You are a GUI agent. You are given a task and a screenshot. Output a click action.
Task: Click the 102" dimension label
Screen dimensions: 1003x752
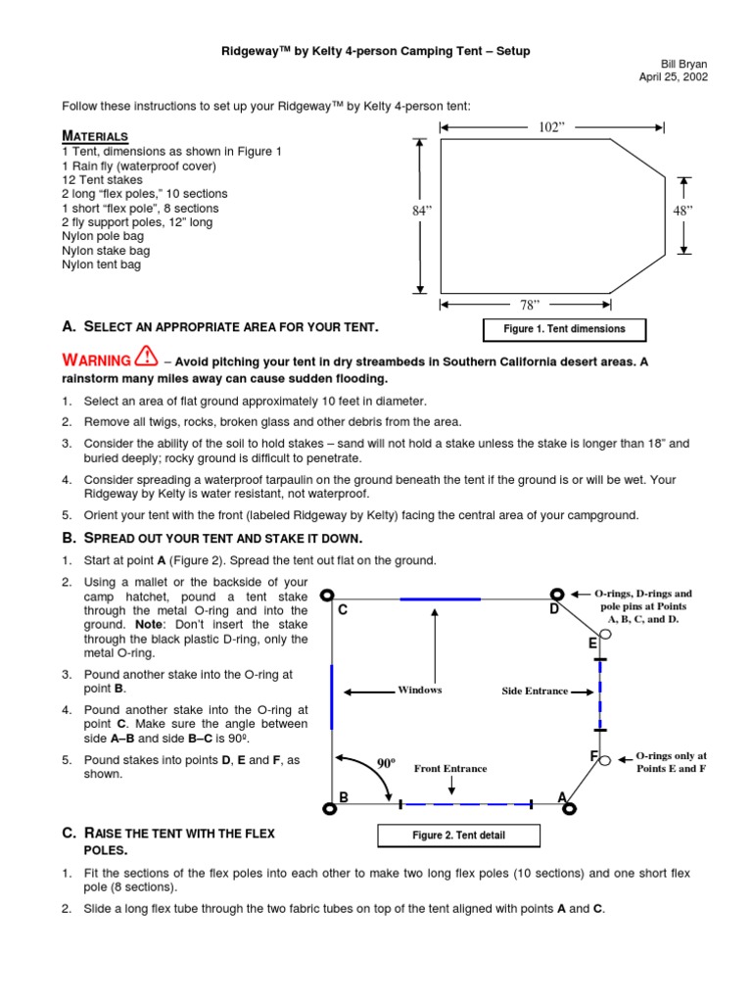553,126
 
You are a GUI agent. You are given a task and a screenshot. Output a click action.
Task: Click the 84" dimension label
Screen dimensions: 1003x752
422,210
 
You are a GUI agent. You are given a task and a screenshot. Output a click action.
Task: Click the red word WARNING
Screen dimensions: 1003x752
97,360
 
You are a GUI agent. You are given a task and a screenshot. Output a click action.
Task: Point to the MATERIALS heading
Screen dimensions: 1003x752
95,135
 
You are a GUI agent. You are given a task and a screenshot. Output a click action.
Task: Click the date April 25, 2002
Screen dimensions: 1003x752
674,76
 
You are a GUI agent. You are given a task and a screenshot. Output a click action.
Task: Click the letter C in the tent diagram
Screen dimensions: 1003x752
343,611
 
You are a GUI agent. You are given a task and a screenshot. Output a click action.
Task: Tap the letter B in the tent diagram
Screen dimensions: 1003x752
344,798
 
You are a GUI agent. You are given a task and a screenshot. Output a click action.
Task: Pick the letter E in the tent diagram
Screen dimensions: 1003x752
592,644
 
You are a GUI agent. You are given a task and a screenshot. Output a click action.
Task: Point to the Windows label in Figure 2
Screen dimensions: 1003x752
420,691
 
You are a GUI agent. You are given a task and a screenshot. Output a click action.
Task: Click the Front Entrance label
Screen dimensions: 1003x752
450,769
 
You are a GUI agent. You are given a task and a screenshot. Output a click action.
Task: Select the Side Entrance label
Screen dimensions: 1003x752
535,692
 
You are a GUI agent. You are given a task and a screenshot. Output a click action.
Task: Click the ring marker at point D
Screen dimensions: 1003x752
556,594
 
